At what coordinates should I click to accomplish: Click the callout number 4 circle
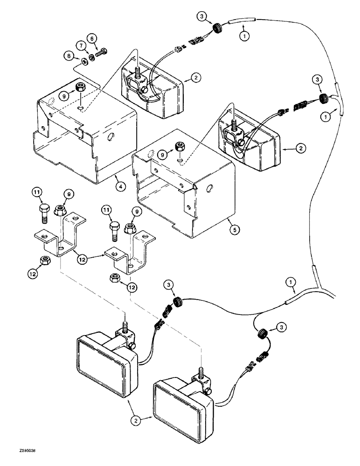click(x=120, y=187)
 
